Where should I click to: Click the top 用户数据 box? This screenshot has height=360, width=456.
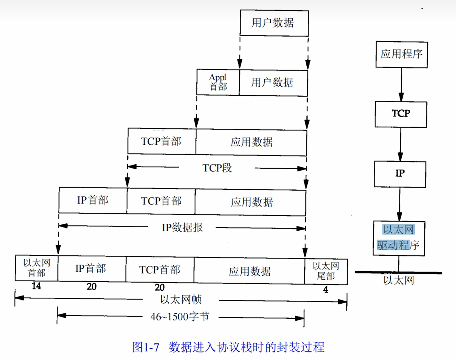[x=274, y=23]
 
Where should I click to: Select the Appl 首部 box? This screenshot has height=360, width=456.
[x=218, y=83]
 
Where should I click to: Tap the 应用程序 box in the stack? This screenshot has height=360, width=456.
[x=401, y=54]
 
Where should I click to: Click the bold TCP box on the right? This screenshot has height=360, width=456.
[x=401, y=114]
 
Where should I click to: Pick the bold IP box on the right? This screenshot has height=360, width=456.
[x=400, y=174]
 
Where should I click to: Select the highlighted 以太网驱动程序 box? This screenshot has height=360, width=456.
[x=399, y=238]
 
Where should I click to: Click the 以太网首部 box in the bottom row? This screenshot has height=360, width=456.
[x=36, y=268]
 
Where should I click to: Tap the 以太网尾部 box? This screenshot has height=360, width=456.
[x=326, y=271]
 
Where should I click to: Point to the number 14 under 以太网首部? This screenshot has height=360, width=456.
[x=36, y=286]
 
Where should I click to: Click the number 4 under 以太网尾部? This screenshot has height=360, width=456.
[x=325, y=290]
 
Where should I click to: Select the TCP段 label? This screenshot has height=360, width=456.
[x=217, y=168]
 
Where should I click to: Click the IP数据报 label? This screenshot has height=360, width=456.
[x=182, y=227]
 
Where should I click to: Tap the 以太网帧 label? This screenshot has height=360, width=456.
[x=181, y=299]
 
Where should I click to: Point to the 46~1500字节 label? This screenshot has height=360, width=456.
[x=180, y=317]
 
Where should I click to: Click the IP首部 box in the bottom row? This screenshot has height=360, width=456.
[x=91, y=269]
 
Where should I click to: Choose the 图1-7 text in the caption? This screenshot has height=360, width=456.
[x=145, y=347]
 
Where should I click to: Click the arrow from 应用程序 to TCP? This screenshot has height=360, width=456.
[x=401, y=84]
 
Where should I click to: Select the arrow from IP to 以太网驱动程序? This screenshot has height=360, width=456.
[x=399, y=204]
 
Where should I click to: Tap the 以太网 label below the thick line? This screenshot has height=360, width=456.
[x=399, y=280]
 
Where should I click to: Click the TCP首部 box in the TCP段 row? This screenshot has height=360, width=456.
[x=161, y=141]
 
